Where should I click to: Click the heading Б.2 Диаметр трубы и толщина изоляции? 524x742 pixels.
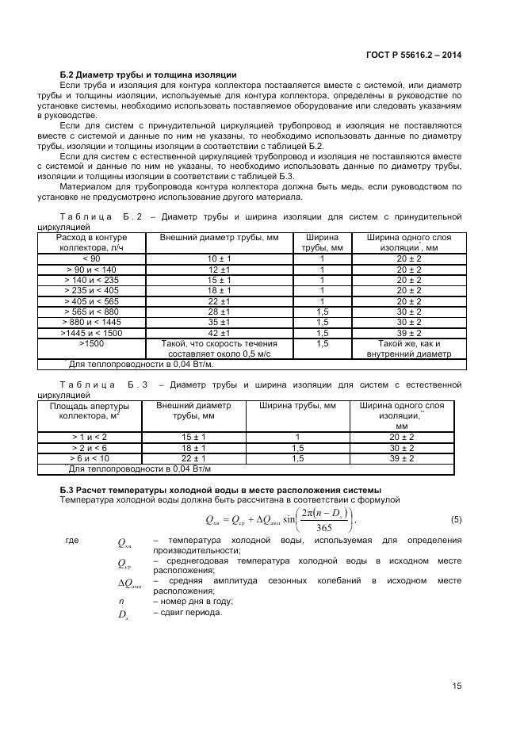tap(148, 75)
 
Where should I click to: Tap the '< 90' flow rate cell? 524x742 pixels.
tap(91, 259)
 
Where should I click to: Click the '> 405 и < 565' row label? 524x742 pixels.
tap(91, 301)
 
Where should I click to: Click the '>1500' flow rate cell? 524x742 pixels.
tap(91, 344)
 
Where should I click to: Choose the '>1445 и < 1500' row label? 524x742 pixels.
tap(91, 333)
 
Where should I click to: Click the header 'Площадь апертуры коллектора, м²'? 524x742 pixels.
tap(84, 410)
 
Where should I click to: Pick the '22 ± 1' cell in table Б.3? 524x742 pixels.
tap(193, 458)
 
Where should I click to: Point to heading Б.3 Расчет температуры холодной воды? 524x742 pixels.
tap(220, 488)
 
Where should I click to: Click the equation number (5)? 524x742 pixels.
tap(456, 520)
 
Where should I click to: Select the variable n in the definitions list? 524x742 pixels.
tap(110, 602)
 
